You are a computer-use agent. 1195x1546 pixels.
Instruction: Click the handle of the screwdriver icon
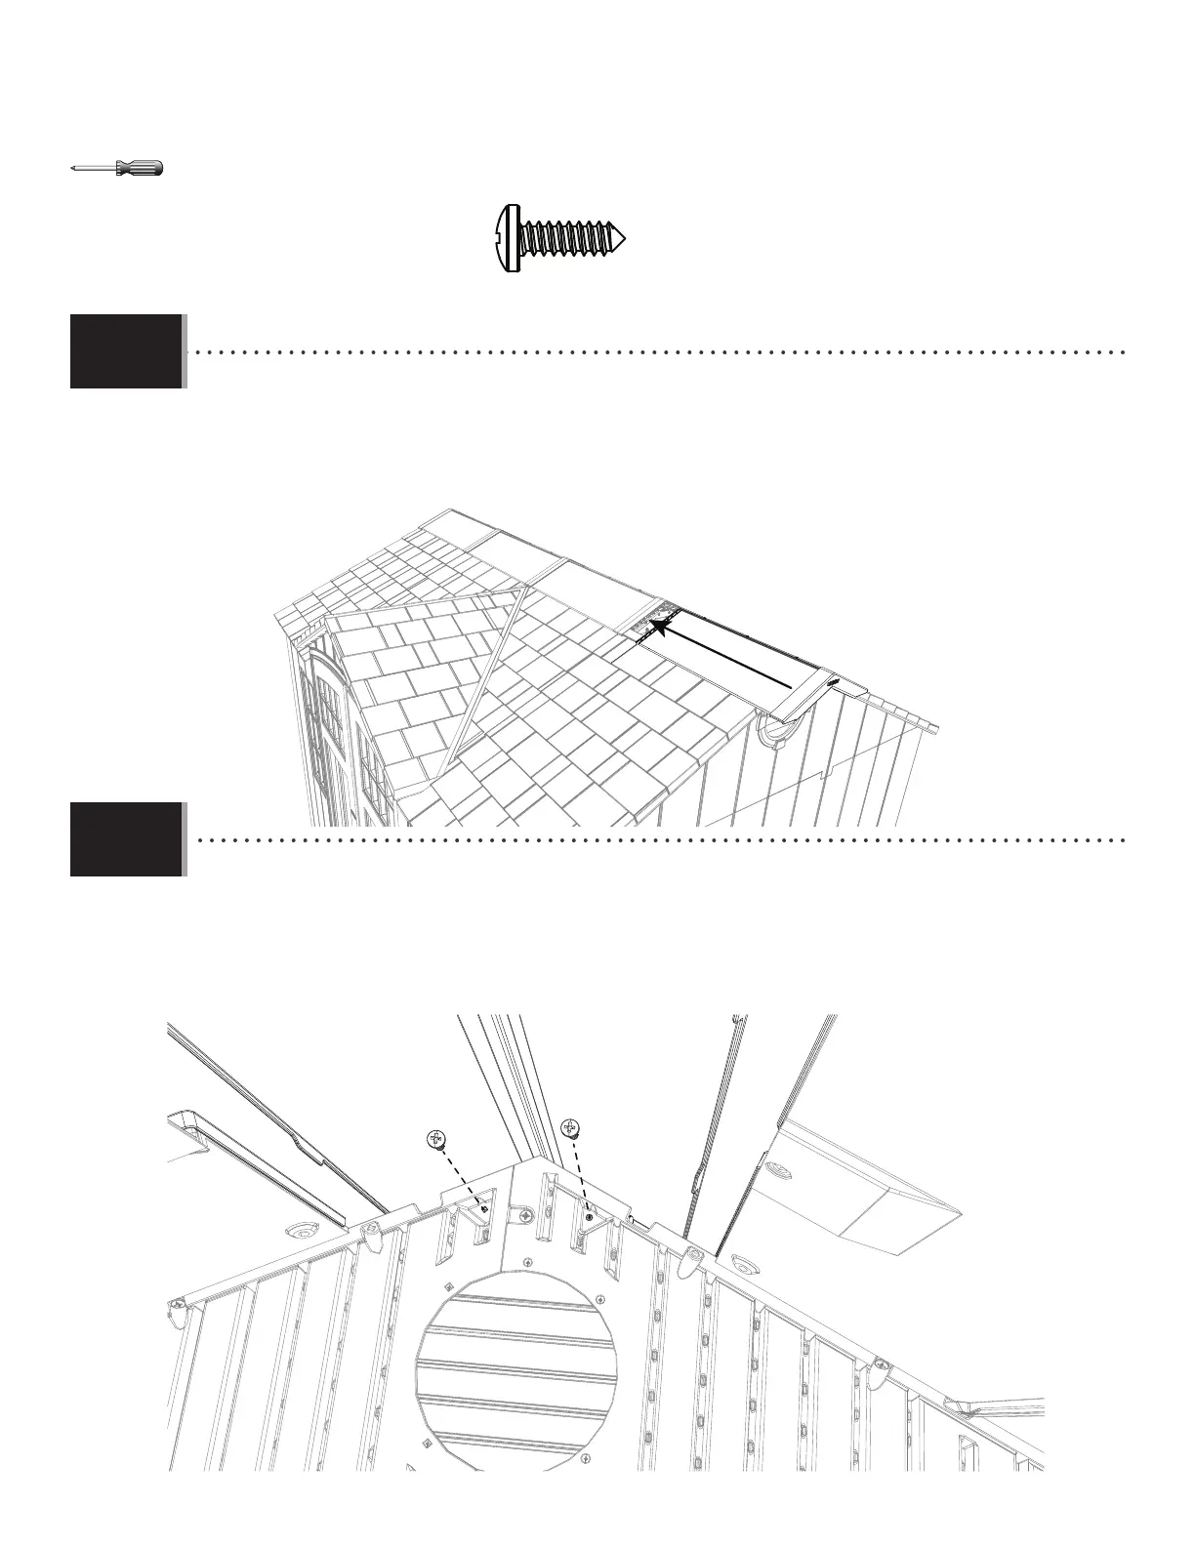tap(140, 168)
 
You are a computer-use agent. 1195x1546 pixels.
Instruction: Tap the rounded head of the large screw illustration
tap(505, 237)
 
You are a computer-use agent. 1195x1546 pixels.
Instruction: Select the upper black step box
tap(126, 350)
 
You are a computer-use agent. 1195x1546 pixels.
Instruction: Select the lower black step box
tap(126, 838)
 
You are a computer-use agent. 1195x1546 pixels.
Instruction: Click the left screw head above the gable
tap(436, 1138)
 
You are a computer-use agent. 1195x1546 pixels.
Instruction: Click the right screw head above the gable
tap(571, 1129)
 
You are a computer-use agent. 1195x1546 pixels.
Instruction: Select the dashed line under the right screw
tap(581, 1176)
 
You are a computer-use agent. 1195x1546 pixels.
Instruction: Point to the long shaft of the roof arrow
tap(732, 653)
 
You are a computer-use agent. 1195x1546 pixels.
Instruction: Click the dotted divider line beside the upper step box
tap(654, 350)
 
